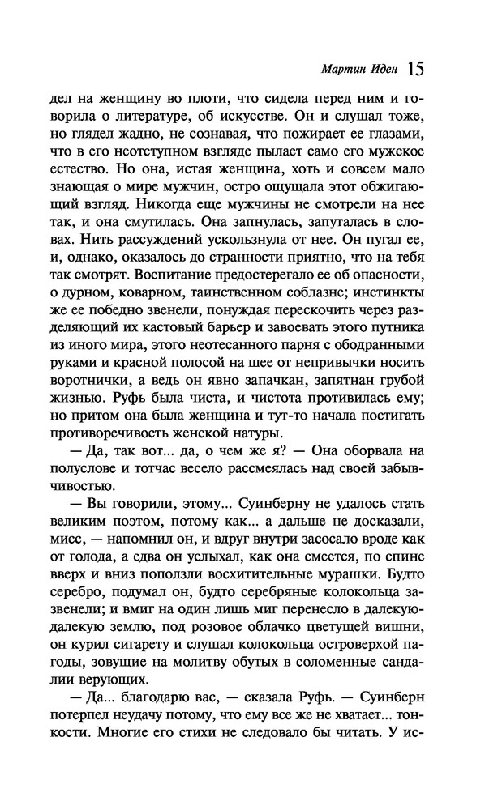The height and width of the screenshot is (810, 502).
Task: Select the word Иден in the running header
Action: coord(381,70)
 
